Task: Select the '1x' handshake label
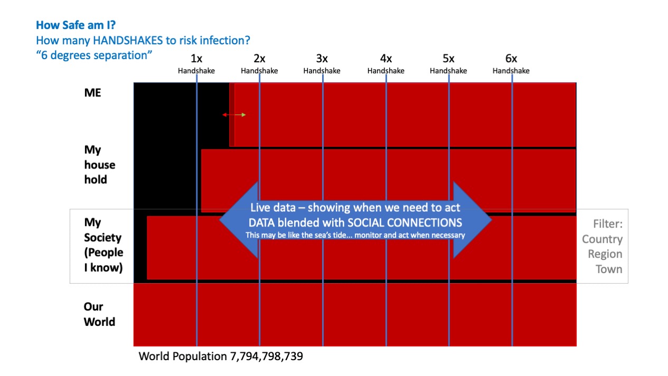tap(196, 59)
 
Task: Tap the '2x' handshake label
tap(259, 59)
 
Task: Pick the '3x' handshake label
tap(322, 59)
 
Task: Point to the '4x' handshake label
tap(385, 59)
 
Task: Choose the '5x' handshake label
tap(448, 59)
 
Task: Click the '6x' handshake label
tap(511, 59)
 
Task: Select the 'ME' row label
tap(92, 93)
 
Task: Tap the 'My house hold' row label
tap(99, 165)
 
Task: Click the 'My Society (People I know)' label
tap(104, 245)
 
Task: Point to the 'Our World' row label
tap(99, 314)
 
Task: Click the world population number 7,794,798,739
tap(266, 356)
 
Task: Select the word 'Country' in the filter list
tap(602, 239)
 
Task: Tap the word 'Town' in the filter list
tap(609, 269)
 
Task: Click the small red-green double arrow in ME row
tap(234, 115)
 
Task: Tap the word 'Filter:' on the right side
tap(607, 224)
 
